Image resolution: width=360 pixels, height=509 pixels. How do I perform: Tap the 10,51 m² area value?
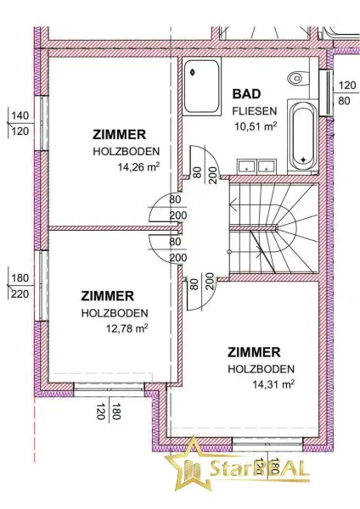tap(256, 126)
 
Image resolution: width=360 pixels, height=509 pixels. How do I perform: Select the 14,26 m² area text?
tap(138, 166)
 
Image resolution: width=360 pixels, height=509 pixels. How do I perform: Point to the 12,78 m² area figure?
tap(127, 328)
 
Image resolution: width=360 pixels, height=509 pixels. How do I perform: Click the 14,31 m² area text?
tap(273, 384)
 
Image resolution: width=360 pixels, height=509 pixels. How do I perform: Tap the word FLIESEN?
tap(255, 111)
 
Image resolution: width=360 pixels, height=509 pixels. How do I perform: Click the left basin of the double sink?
tap(246, 166)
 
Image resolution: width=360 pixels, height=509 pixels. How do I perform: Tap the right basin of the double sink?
tap(267, 166)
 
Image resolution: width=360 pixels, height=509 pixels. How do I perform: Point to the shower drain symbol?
tap(194, 72)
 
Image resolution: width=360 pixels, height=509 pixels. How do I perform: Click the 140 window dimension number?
tap(20, 115)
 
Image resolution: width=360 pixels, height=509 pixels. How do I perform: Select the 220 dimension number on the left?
tap(20, 294)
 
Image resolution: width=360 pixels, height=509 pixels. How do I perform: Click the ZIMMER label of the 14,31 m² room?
tap(254, 352)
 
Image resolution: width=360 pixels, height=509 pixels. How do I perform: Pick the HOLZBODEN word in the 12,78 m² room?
tap(115, 313)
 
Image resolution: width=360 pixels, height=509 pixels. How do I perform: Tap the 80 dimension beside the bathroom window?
tap(344, 101)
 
